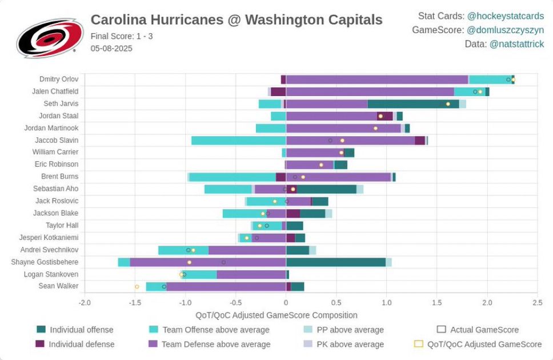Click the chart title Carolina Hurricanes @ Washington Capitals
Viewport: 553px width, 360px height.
pyautogui.click(x=237, y=20)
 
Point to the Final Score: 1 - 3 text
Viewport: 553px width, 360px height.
pyautogui.click(x=122, y=36)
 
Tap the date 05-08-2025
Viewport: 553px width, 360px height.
pyautogui.click(x=111, y=49)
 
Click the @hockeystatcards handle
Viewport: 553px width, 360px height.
pyautogui.click(x=506, y=16)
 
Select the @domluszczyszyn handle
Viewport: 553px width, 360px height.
pyautogui.click(x=506, y=30)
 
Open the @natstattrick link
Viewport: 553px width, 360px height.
pyautogui.click(x=516, y=44)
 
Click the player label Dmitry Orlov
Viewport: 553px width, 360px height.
pyautogui.click(x=59, y=79)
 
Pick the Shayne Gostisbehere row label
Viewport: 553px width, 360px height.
pyautogui.click(x=45, y=262)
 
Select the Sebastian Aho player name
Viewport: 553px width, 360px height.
pyautogui.click(x=55, y=189)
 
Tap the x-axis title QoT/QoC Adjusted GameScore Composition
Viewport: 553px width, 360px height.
pyautogui.click(x=276, y=315)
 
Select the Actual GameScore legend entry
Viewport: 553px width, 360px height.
pyautogui.click(x=484, y=330)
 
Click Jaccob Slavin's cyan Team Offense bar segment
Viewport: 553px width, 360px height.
pyautogui.click(x=238, y=140)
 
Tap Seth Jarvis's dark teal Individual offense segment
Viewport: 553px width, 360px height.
pyautogui.click(x=413, y=103)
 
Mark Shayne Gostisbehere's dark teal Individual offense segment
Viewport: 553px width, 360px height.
pyautogui.click(x=335, y=262)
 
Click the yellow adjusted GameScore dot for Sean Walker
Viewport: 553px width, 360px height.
pyautogui.click(x=137, y=286)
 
